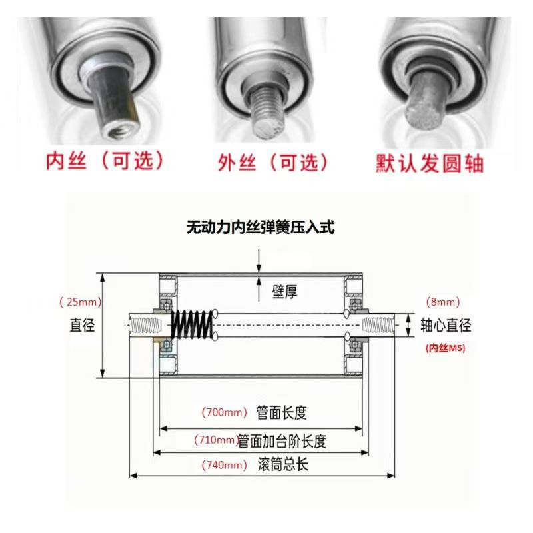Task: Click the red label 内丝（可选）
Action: point(104,162)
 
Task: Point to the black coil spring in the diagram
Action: point(192,324)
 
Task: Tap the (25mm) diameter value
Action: point(80,302)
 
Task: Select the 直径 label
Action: point(83,325)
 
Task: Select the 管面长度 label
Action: point(281,413)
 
